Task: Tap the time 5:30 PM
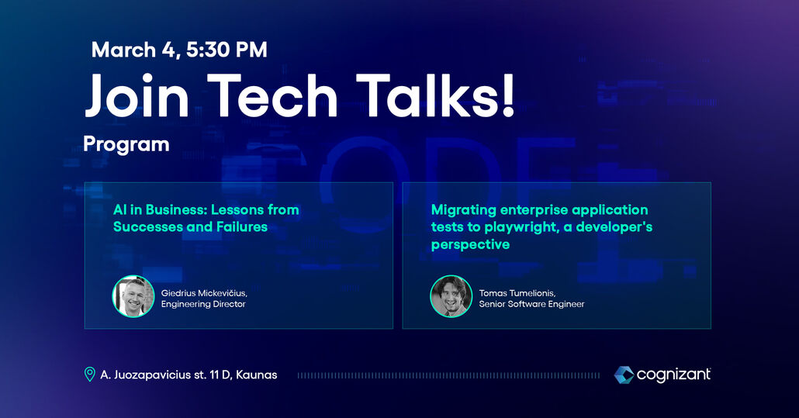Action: [x=227, y=50]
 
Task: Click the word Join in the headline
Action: [x=137, y=95]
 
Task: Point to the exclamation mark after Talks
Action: [x=507, y=95]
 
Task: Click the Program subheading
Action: [x=126, y=145]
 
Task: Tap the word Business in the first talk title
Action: [x=176, y=209]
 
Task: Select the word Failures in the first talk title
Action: [x=242, y=226]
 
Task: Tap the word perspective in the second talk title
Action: [x=470, y=245]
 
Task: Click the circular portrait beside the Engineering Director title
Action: [x=133, y=296]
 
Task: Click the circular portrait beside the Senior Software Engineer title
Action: [x=451, y=296]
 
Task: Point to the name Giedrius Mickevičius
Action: [x=204, y=293]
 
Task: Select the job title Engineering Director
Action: [x=203, y=305]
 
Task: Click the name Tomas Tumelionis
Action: [x=517, y=293]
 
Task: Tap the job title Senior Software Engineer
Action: [x=531, y=305]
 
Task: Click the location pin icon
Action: [x=90, y=375]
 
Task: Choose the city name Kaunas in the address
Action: [x=256, y=375]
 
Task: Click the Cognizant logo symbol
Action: [x=624, y=375]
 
